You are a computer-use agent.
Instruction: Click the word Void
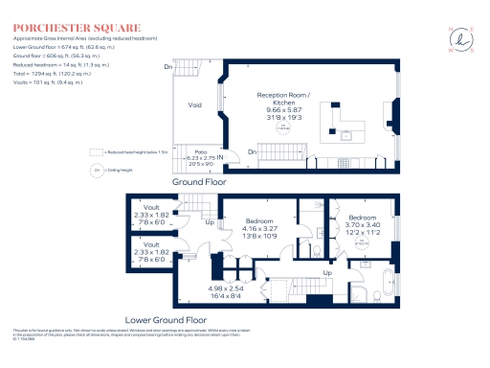click(195, 105)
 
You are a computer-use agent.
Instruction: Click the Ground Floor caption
click(204, 180)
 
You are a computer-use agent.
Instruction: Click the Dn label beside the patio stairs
click(252, 152)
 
